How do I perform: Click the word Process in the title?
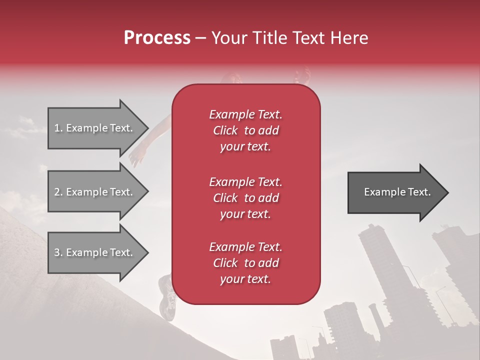157,38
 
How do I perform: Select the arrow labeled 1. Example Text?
95,128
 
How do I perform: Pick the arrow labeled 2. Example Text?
95,192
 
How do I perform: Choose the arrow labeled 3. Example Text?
95,252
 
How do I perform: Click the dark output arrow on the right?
395,192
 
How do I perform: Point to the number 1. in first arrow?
58,128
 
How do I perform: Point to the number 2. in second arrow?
58,192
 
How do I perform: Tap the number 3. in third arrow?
58,252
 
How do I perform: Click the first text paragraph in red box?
245,130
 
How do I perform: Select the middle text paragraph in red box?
245,198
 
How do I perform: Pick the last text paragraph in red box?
245,263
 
